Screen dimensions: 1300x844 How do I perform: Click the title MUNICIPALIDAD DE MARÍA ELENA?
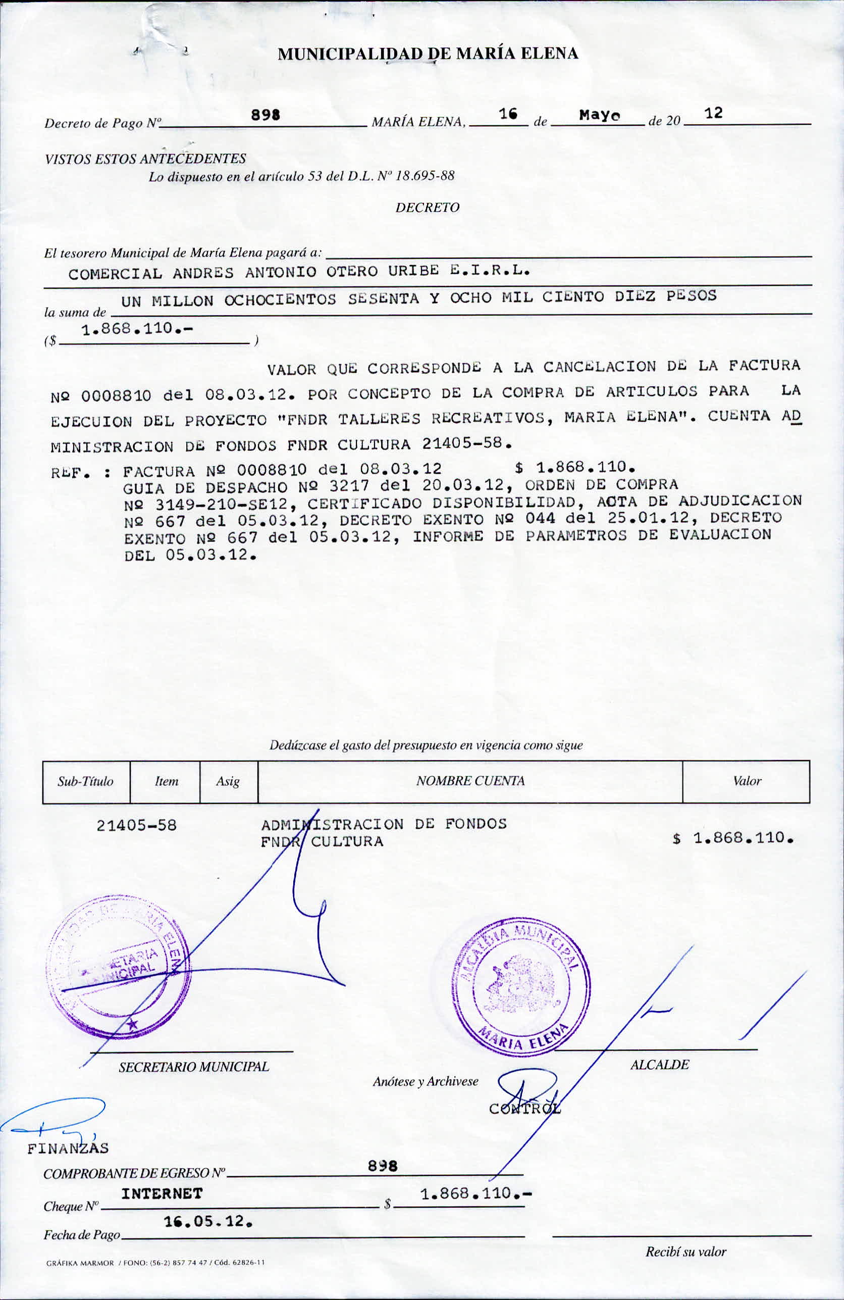(x=428, y=54)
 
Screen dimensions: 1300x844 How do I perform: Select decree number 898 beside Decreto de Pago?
(x=266, y=115)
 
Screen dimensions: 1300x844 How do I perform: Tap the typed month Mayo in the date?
(x=599, y=115)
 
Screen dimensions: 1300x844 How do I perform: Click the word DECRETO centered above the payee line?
(x=427, y=208)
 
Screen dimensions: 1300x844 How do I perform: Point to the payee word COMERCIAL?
(x=115, y=274)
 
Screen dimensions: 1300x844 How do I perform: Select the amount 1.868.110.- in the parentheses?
(x=136, y=329)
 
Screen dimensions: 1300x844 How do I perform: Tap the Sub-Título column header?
(x=86, y=782)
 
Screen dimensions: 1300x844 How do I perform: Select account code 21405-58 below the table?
(x=136, y=825)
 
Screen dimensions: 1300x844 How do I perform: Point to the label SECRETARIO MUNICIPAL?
(x=194, y=1067)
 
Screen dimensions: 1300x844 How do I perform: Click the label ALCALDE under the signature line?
(x=659, y=1065)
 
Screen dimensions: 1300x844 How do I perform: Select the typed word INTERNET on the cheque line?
(x=162, y=1193)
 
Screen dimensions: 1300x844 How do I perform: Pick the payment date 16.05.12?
(x=208, y=1221)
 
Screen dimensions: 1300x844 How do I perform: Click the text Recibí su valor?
(x=685, y=1252)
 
